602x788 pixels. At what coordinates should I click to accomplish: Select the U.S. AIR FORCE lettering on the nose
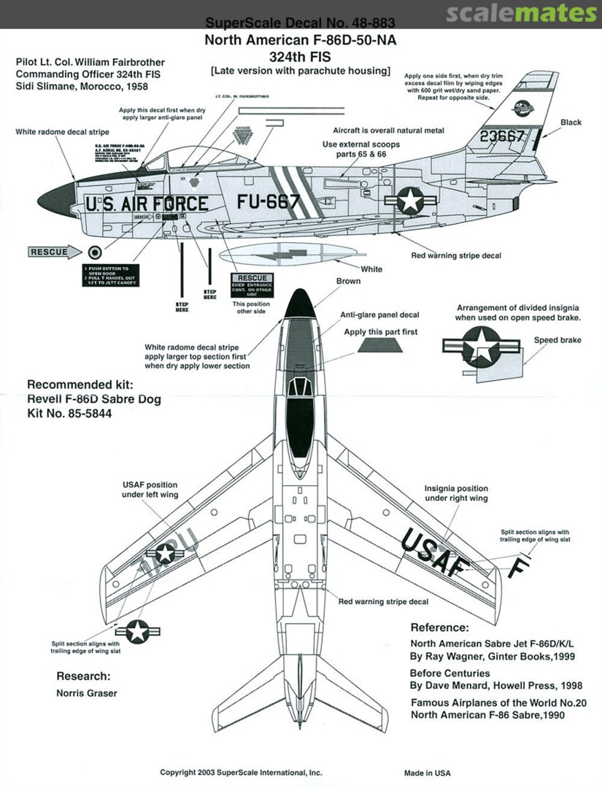(147, 204)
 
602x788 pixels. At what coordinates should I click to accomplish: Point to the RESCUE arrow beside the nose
(53, 252)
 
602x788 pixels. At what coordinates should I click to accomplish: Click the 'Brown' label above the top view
(348, 281)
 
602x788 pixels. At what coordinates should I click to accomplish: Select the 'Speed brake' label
(557, 340)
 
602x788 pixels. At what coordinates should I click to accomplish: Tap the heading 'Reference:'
(439, 627)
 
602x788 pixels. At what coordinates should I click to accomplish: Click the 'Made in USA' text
(428, 773)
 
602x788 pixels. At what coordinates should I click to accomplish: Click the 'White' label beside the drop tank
(371, 269)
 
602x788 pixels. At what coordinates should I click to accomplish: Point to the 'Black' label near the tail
(571, 122)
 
